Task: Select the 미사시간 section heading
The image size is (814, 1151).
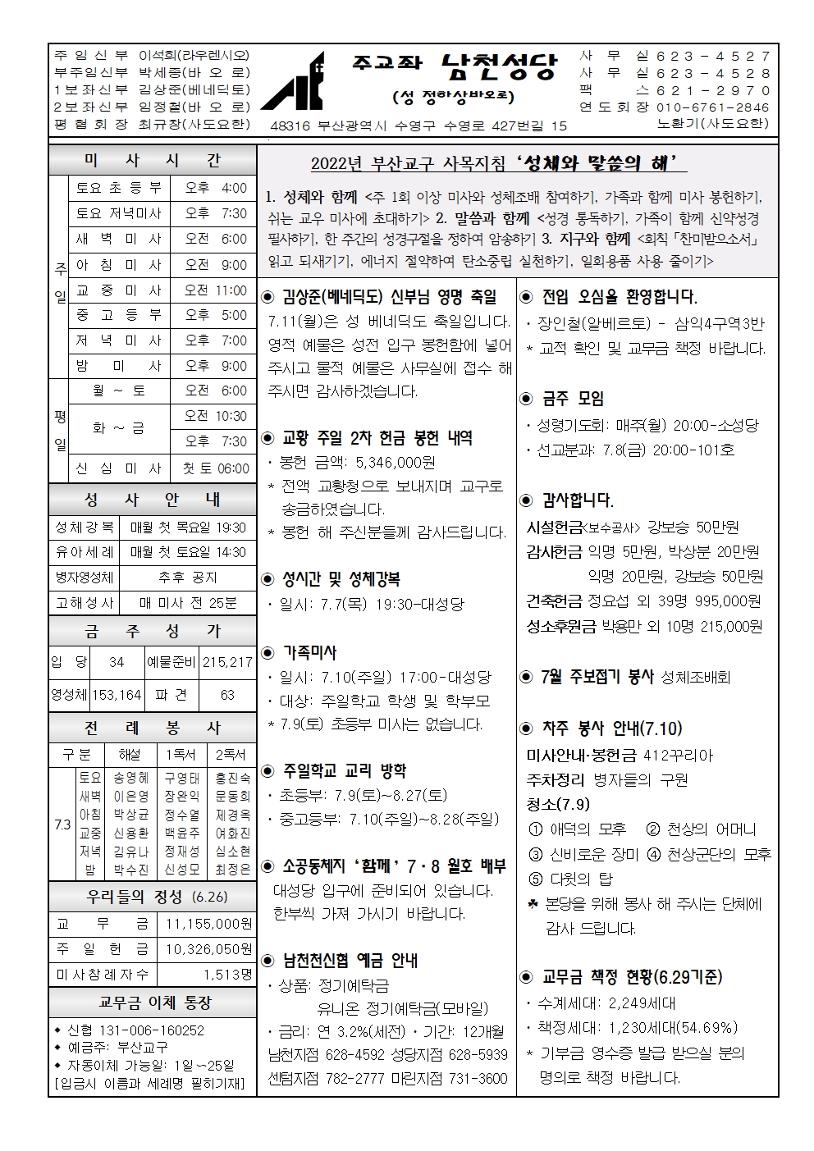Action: [152, 161]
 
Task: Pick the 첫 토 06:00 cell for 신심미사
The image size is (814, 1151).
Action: [215, 468]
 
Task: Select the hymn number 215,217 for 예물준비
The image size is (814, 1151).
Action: [227, 662]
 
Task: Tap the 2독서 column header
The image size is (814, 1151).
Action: [232, 754]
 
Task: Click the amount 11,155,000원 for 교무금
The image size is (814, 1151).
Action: [208, 924]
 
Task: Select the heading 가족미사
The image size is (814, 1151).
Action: [309, 652]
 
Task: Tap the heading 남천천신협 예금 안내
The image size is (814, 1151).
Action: [350, 960]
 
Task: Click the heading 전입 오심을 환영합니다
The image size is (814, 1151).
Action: [620, 297]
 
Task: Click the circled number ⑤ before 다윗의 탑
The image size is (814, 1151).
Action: [536, 879]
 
